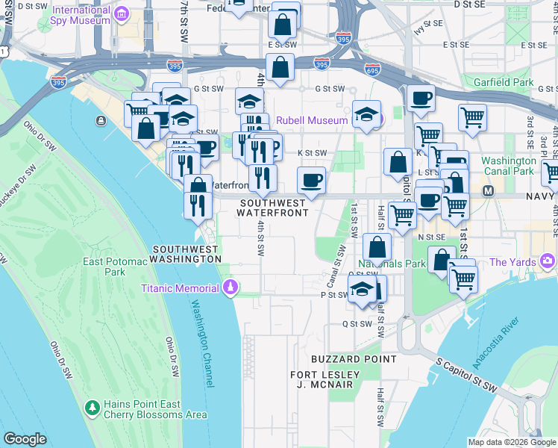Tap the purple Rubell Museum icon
(x=378, y=120)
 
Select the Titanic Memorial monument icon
(x=231, y=287)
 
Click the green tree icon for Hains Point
(x=93, y=408)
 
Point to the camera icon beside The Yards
(x=548, y=261)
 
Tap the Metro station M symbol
(x=489, y=191)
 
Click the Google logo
(x=25, y=439)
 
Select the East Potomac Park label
(x=114, y=267)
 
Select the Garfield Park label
(x=507, y=81)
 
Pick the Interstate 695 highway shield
(x=372, y=69)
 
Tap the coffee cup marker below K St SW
(x=311, y=180)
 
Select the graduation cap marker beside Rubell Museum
(x=366, y=114)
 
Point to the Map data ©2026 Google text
(x=511, y=441)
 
